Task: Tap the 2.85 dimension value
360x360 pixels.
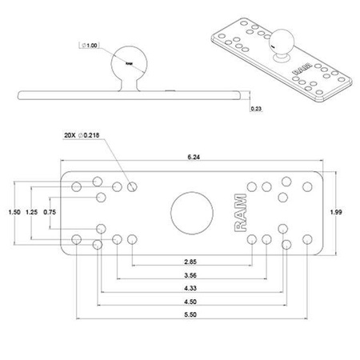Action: pyautogui.click(x=191, y=262)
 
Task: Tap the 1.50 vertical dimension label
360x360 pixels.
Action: pyautogui.click(x=13, y=212)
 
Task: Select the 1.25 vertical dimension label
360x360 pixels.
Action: pyautogui.click(x=31, y=212)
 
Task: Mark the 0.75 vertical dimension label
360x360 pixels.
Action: pyautogui.click(x=50, y=212)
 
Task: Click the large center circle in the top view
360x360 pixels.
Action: pyautogui.click(x=192, y=212)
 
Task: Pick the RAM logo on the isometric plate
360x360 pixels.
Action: pyautogui.click(x=304, y=70)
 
